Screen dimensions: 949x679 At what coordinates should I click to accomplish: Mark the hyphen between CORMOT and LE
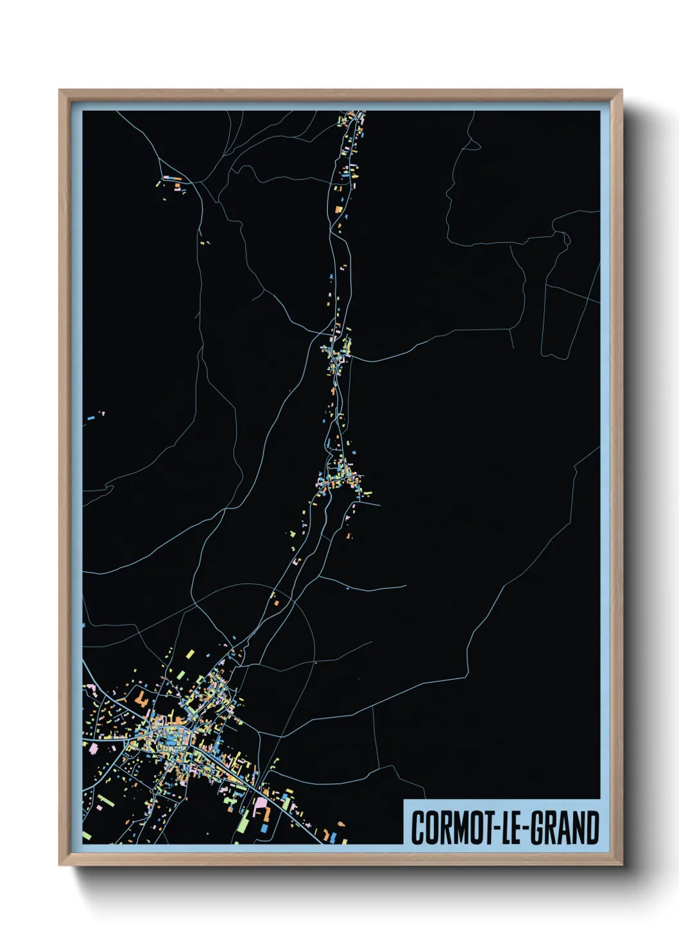pos(494,829)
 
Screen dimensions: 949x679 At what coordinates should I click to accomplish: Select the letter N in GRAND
pos(579,828)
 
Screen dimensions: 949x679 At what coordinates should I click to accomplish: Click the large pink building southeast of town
pos(261,802)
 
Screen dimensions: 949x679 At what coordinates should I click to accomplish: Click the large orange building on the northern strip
pos(338,208)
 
